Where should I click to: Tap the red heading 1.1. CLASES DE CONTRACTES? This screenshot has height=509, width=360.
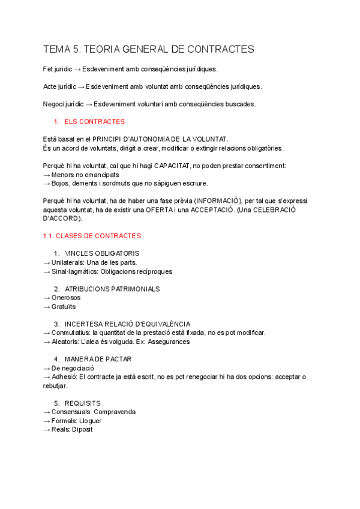tap(92, 236)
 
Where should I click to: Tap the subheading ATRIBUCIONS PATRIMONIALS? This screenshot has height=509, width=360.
tap(112, 289)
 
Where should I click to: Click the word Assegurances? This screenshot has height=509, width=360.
tap(169, 342)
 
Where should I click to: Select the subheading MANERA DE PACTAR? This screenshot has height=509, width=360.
tap(98, 359)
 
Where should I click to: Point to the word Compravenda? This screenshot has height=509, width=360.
tap(115, 412)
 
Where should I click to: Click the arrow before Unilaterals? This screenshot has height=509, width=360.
tap(47, 262)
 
